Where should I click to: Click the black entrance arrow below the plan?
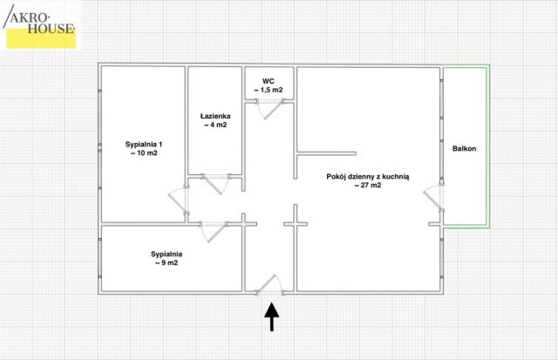tap(271, 316)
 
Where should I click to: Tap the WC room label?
tap(269, 81)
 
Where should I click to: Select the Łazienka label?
tap(215, 116)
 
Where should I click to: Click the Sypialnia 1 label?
tap(144, 144)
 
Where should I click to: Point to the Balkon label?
tap(464, 148)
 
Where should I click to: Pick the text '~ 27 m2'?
tap(368, 185)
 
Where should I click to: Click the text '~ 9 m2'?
tap(167, 263)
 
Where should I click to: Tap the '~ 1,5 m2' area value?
tap(269, 90)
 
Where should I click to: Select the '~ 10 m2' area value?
tap(144, 153)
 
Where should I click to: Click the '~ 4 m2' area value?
tap(215, 125)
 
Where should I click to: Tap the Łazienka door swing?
tap(216, 184)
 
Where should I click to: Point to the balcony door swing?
tap(433, 198)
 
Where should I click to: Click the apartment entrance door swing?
tap(269, 285)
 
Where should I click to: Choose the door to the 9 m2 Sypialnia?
tap(214, 232)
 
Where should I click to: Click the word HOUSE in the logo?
tap(51, 29)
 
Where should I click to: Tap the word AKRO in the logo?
tap(30, 17)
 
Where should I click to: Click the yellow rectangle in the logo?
tap(41, 40)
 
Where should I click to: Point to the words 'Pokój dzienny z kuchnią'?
tap(368, 176)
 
